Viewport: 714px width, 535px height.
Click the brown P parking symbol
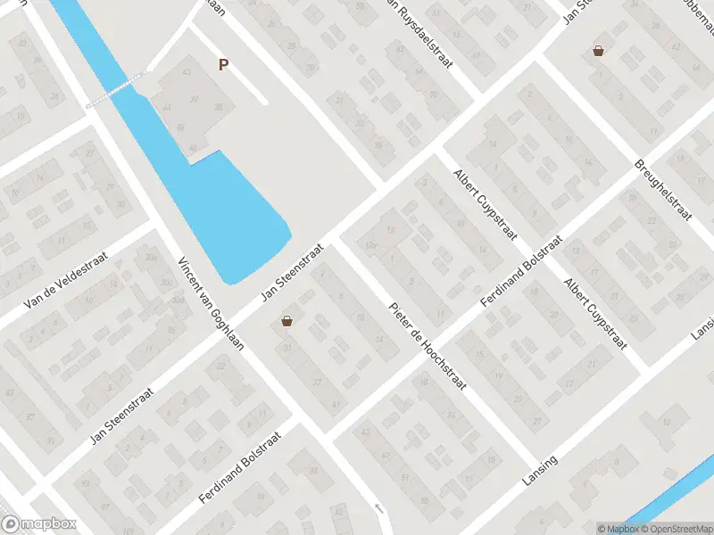[223, 64]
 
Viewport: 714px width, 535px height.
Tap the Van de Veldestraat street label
[65, 279]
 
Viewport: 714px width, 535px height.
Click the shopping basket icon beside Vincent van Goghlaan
[286, 321]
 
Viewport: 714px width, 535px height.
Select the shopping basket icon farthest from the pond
[598, 51]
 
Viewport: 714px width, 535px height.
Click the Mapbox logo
[37, 524]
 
